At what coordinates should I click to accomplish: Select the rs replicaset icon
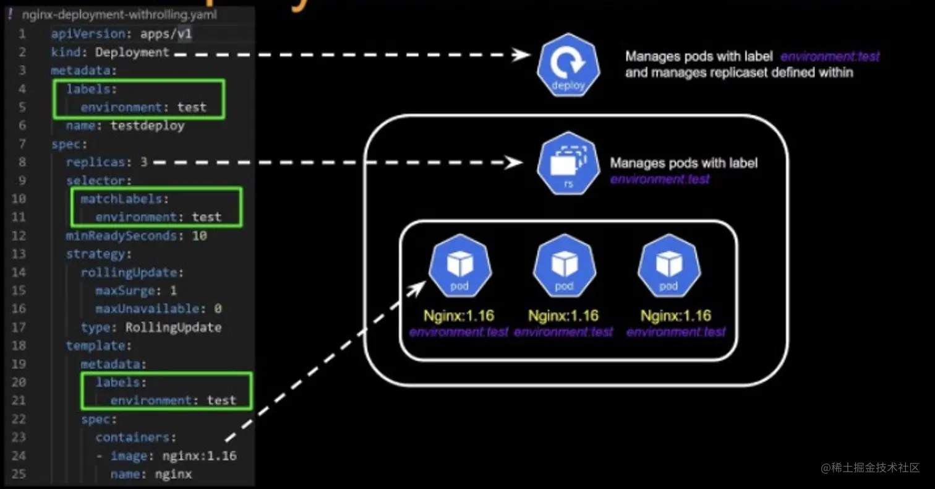(x=568, y=163)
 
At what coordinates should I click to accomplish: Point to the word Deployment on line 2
(x=132, y=53)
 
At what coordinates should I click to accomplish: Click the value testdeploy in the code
(x=147, y=126)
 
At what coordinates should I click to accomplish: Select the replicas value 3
(x=143, y=162)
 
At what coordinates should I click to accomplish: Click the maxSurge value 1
(x=173, y=290)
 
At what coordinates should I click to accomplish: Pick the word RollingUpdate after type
(x=173, y=327)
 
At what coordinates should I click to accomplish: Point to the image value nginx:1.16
(x=199, y=456)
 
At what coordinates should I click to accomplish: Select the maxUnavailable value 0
(x=218, y=308)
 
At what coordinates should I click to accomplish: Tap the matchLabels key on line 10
(x=122, y=199)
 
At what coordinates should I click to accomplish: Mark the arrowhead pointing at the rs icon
(x=515, y=163)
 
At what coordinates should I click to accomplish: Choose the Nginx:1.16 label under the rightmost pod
(x=675, y=316)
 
